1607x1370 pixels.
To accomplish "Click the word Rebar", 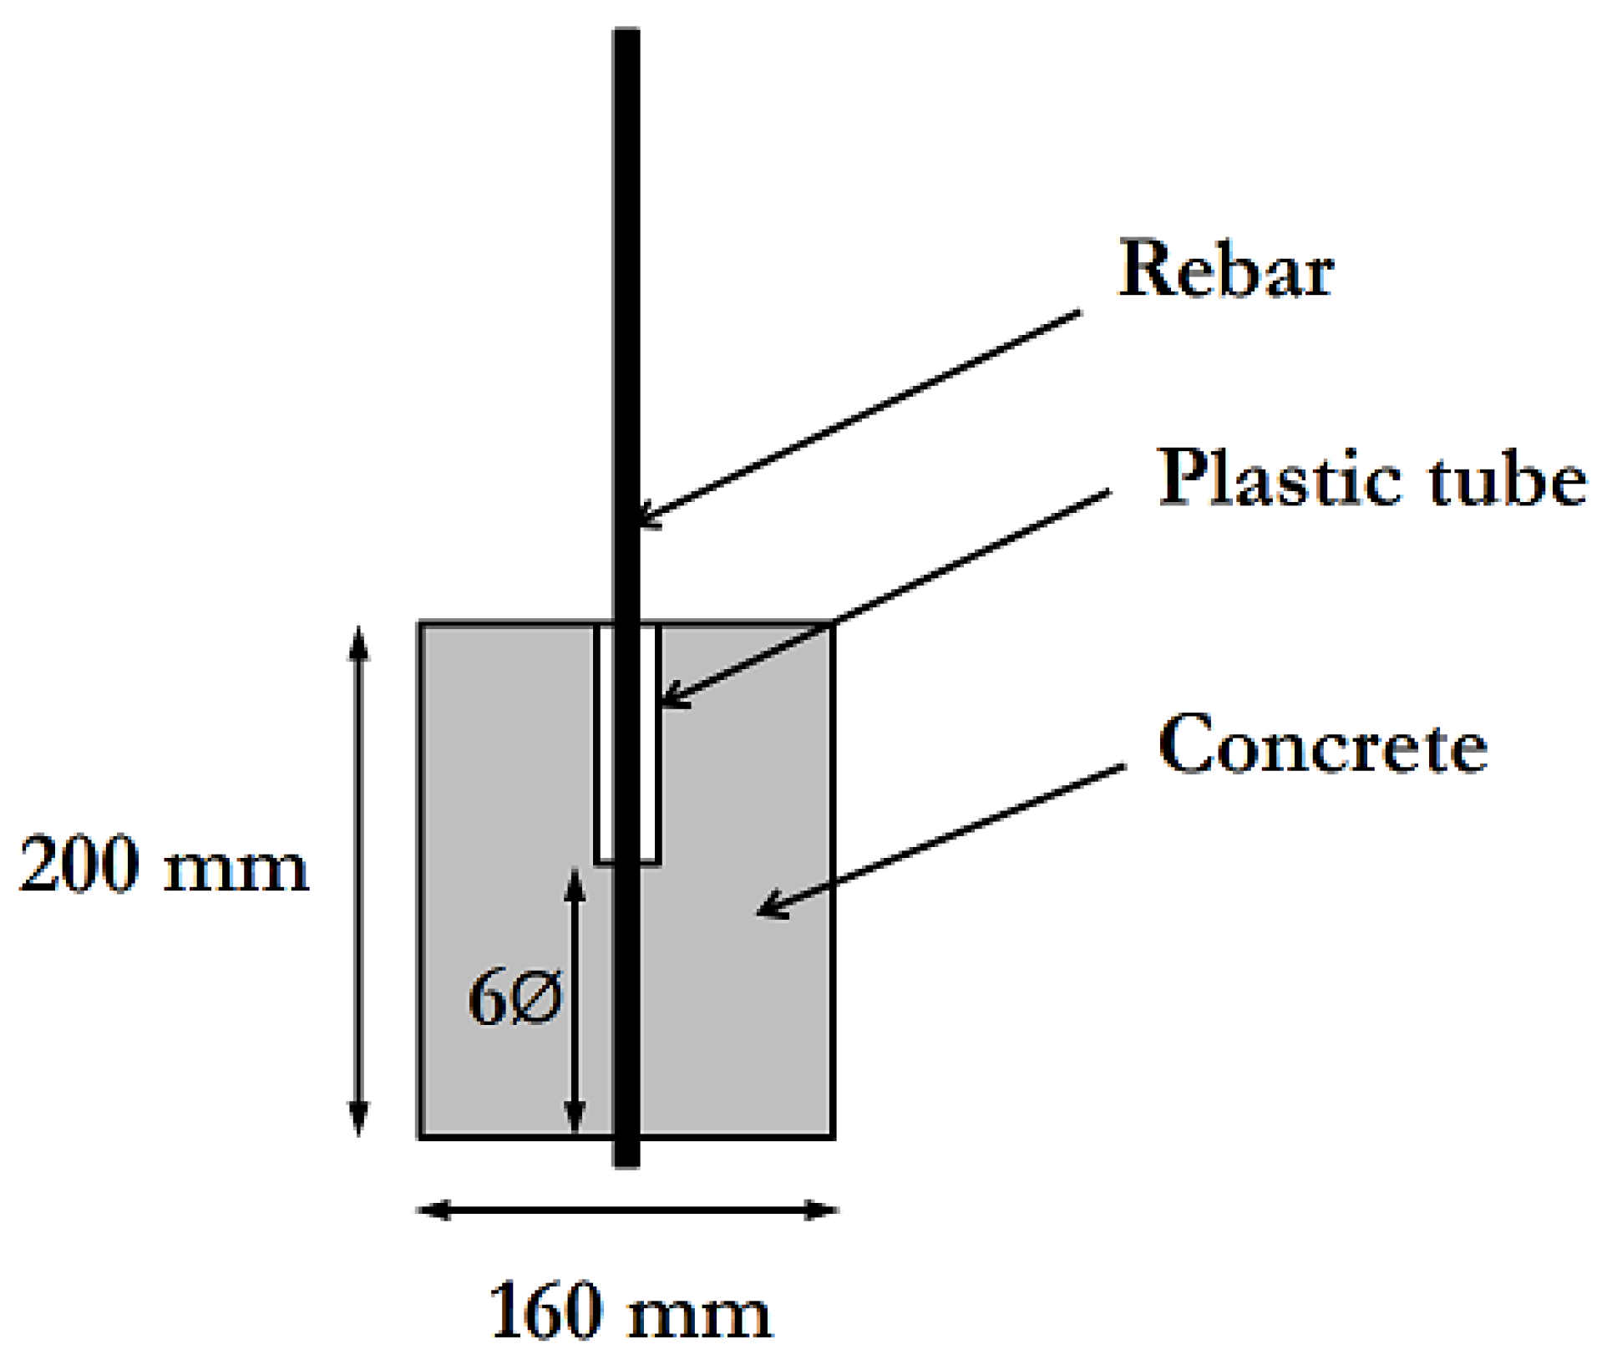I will pos(1225,269).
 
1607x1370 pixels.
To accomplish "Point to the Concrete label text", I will pos(1323,745).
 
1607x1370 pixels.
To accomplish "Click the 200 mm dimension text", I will pos(164,865).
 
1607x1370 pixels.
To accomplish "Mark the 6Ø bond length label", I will pos(515,998).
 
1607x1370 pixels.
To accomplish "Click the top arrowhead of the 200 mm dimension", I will pos(358,643).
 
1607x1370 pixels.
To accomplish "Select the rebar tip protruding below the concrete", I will pos(626,1154).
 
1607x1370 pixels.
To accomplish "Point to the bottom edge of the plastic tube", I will pos(628,861).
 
